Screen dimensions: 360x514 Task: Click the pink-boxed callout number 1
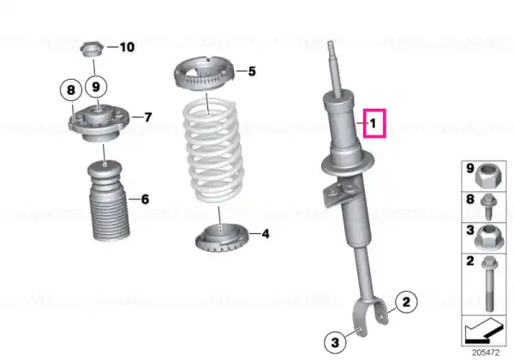(x=374, y=124)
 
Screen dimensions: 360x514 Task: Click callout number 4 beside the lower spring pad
(x=266, y=232)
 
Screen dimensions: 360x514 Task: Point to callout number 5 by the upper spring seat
(x=252, y=71)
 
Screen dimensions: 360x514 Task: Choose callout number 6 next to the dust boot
(x=144, y=199)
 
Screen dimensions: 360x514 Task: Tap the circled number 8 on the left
(x=72, y=87)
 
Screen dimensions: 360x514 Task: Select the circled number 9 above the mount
(x=96, y=87)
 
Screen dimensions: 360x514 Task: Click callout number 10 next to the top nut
(x=127, y=47)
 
